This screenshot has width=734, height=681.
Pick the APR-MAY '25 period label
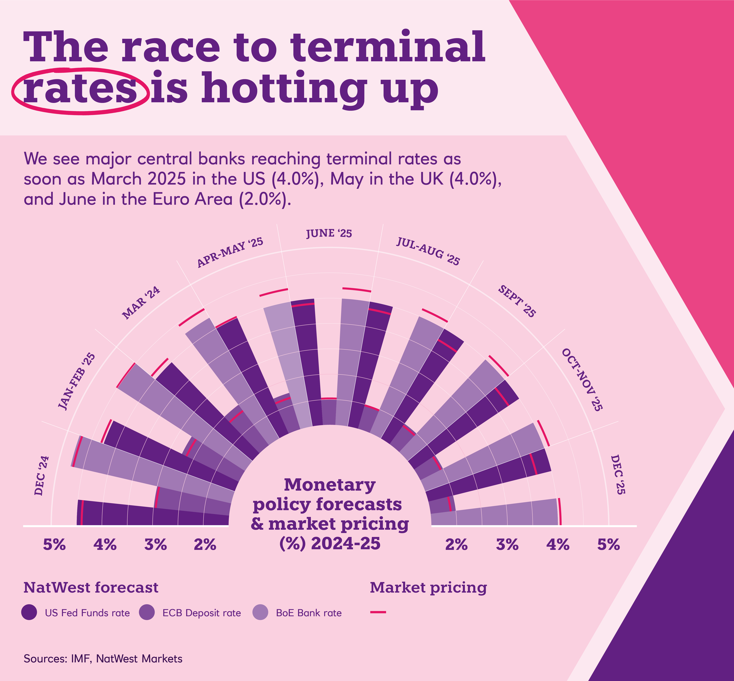coord(230,252)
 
